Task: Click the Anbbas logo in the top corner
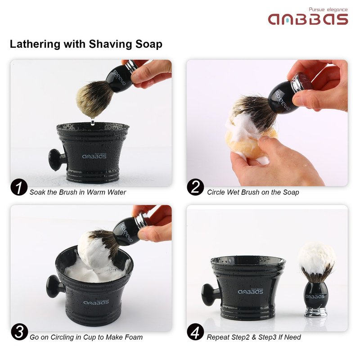(308, 19)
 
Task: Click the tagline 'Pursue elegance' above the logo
(328, 9)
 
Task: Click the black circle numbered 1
(19, 187)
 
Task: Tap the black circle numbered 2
(195, 187)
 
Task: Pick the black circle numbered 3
(19, 332)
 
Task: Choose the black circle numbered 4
(195, 332)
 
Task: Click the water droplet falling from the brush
(93, 121)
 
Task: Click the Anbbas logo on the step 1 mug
(94, 156)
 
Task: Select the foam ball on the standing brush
(316, 257)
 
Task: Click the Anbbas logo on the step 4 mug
(250, 291)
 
